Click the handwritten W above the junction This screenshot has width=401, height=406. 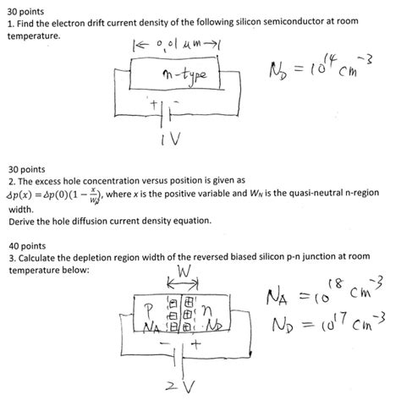[x=184, y=273]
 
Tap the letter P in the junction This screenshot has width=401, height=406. [x=149, y=309]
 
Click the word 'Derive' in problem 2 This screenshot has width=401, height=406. [x=25, y=221]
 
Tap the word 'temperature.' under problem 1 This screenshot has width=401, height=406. [x=34, y=38]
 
